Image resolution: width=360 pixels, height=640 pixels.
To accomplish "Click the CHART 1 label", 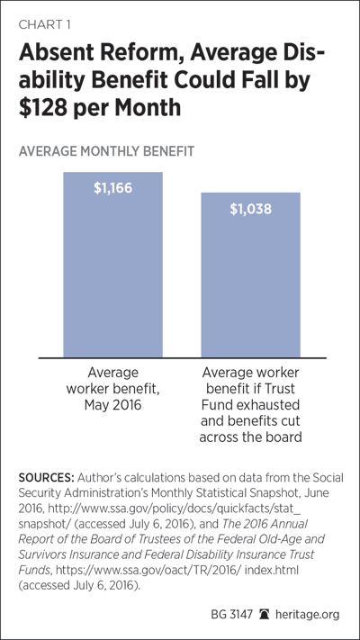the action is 44,25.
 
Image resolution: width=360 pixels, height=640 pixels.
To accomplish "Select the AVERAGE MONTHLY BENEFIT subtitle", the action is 106,152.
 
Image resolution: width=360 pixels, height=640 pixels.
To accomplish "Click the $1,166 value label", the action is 113,188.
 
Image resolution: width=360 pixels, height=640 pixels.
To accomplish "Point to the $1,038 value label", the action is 250,209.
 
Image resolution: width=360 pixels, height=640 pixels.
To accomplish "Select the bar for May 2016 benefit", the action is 113,265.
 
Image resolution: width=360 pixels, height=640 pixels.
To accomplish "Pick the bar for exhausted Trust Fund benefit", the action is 250,275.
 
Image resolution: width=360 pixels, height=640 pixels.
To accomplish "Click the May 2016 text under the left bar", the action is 113,405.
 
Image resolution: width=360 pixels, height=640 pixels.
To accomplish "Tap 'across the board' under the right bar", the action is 250,437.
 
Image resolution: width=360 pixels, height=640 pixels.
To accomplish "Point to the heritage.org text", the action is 307,614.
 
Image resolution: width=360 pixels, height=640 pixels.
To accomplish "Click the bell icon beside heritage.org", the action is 264,614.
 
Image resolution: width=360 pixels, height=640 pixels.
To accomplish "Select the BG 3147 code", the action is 233,614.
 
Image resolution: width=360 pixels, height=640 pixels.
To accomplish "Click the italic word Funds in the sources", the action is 31,570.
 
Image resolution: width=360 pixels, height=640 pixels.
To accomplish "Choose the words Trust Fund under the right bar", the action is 250,394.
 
